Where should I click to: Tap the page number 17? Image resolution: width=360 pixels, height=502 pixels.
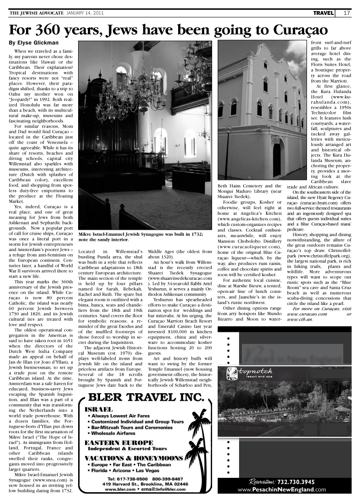347,13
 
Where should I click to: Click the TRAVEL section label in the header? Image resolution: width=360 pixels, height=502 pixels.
323,13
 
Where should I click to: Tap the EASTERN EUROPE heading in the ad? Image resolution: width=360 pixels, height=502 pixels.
119,443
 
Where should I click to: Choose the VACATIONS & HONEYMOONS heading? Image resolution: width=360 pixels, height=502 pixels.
133,458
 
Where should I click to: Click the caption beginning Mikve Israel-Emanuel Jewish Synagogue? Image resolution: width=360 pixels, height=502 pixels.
141,237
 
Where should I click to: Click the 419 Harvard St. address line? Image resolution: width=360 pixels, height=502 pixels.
145,484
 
